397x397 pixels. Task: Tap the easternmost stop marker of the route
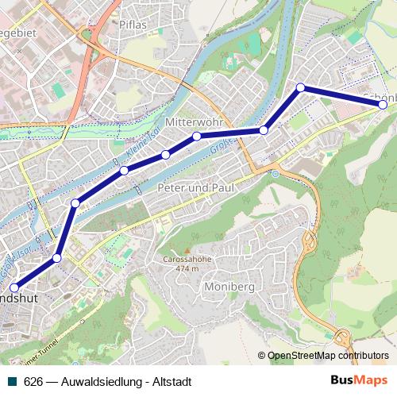pos(383,104)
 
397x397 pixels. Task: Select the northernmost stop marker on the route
pos(300,87)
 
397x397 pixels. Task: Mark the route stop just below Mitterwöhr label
pos(196,137)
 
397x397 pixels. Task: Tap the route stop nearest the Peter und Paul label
pos(165,154)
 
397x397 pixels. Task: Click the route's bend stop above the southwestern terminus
pos(57,258)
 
